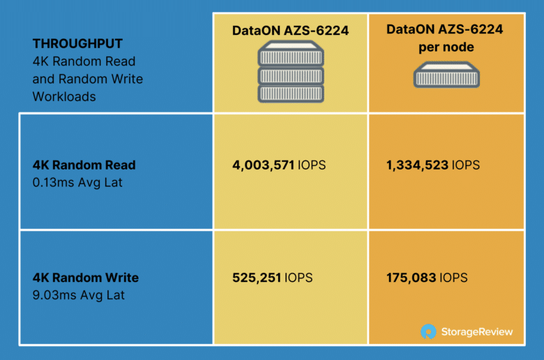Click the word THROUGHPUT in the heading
coord(77,44)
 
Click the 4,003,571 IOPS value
coord(279,165)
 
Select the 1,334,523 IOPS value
coord(433,165)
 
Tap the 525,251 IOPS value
coord(272,278)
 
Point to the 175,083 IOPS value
coord(427,278)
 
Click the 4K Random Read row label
coord(84,165)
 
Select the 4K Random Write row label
coord(86,278)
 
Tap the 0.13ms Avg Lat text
coord(77,183)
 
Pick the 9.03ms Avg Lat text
coord(78,295)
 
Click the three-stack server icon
coord(291,72)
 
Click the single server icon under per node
coord(446,75)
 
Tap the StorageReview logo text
coord(477,332)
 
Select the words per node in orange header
coord(446,47)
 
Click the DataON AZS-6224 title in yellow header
coord(290,31)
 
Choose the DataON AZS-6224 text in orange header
coord(445,29)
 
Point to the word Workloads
coord(64,96)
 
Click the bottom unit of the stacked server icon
coord(291,93)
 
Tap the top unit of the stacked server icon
coord(291,53)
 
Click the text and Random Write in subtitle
coord(88,79)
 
